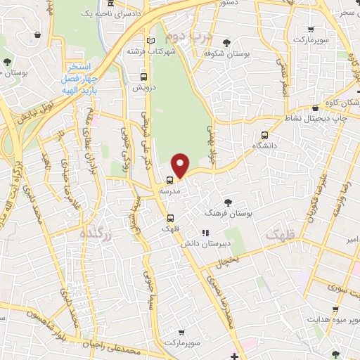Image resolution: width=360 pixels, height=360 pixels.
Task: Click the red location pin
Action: tap(181, 165)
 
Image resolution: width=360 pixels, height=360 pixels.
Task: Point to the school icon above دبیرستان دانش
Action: tap(205, 233)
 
